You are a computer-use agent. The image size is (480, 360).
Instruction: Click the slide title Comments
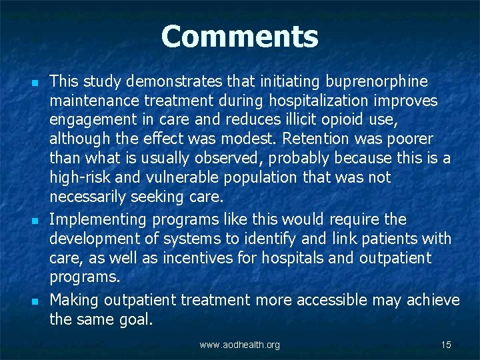[239, 37]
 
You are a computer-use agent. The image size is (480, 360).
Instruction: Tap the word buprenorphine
[377, 81]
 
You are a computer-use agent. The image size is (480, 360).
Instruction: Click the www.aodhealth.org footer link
[240, 345]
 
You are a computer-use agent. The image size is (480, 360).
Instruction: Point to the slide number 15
[446, 345]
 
